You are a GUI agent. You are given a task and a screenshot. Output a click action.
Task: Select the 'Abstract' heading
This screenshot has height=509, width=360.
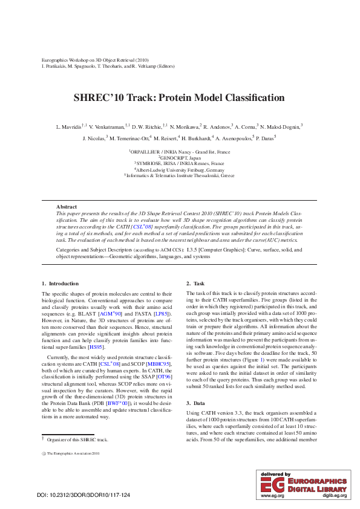tap(67, 207)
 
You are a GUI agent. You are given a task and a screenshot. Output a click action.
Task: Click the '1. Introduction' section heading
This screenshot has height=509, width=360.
tap(60, 284)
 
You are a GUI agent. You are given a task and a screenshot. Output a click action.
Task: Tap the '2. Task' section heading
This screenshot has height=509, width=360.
tap(195, 284)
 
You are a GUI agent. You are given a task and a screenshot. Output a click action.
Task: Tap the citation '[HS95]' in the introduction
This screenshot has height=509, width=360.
tap(96, 347)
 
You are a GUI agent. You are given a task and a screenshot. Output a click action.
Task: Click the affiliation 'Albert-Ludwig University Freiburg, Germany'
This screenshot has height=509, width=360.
tap(179, 169)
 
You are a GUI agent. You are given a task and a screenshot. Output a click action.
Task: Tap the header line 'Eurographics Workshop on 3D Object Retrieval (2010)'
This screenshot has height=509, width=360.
tap(95, 60)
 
